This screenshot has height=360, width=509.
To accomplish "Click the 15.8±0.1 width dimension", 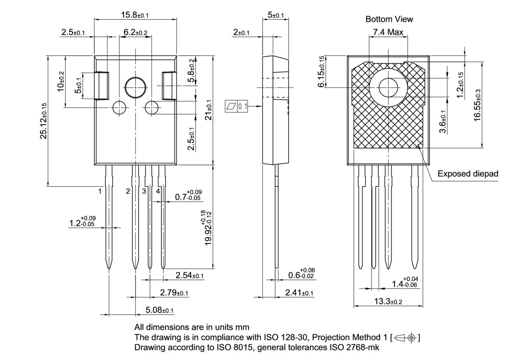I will (135, 15).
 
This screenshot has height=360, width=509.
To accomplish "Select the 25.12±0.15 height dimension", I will (43, 121).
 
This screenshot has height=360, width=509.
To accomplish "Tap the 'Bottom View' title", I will (389, 19).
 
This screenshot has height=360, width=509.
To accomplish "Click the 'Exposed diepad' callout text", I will (468, 174).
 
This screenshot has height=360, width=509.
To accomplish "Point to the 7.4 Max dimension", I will (388, 32).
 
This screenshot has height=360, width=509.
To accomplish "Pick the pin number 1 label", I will (100, 191).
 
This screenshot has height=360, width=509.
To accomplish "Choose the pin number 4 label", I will (158, 191).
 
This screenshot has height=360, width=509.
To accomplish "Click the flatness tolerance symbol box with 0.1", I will (237, 106).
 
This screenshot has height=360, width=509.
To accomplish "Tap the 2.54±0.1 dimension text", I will (190, 275).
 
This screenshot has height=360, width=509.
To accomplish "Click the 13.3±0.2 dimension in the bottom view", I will (388, 302).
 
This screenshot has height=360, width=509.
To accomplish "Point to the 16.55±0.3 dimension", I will (478, 105).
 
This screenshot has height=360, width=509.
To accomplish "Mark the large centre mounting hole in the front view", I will (136, 87).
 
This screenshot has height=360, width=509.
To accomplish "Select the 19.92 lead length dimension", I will (208, 228).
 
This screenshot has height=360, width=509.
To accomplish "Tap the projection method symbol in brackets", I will (406, 338).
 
